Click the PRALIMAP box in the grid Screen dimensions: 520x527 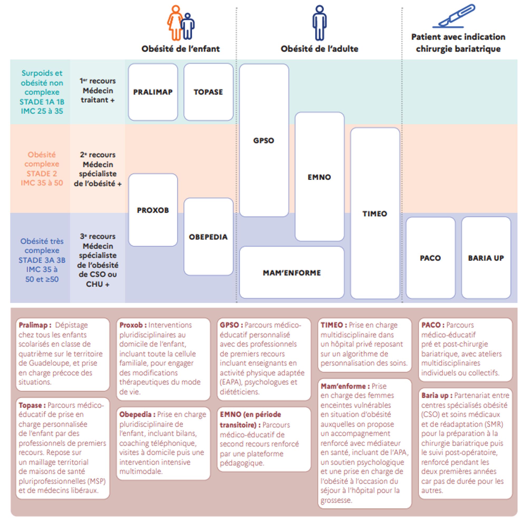[153, 92]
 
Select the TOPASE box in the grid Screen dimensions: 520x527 [208, 92]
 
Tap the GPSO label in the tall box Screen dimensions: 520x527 [263, 141]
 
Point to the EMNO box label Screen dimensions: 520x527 [319, 177]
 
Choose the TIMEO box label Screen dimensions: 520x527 [375, 214]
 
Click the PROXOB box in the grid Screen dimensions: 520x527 [153, 210]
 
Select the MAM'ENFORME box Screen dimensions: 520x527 [292, 273]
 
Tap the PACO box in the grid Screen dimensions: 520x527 [430, 258]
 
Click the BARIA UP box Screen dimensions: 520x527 [486, 258]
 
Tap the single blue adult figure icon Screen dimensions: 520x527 [319, 23]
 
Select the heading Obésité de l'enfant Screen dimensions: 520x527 [180, 49]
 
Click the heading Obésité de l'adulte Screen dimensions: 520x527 [319, 49]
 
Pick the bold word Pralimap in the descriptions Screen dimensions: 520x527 [33, 325]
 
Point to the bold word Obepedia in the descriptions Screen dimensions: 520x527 [135, 414]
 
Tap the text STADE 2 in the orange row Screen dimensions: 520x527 [42, 173]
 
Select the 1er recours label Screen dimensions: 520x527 [97, 81]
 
